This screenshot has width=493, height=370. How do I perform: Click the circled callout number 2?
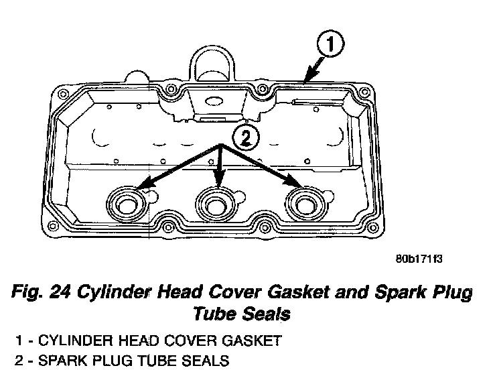[244, 138]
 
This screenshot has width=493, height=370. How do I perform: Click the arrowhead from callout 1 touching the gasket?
[305, 81]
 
